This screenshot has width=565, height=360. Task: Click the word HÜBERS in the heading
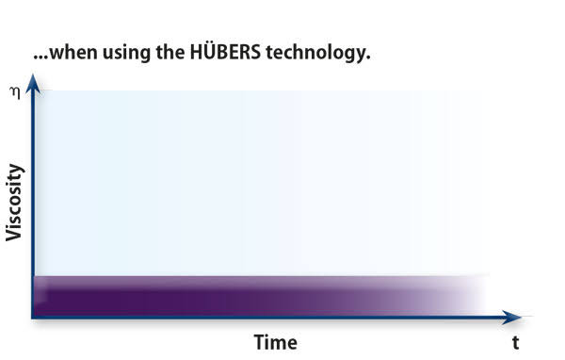point(225,52)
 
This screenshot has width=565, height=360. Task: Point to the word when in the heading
point(73,53)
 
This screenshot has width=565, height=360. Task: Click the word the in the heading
point(170,52)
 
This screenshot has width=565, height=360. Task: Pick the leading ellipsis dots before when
point(40,57)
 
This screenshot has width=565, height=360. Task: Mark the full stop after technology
point(368,57)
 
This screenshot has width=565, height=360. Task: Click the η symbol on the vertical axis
point(15,93)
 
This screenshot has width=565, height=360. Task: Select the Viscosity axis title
point(14,203)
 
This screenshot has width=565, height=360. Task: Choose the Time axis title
point(276,342)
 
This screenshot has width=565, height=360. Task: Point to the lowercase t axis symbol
point(516,343)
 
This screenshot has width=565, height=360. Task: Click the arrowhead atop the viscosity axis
point(33,84)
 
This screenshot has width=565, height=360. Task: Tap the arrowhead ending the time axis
point(511,318)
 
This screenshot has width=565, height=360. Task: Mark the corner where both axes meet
point(33,318)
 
